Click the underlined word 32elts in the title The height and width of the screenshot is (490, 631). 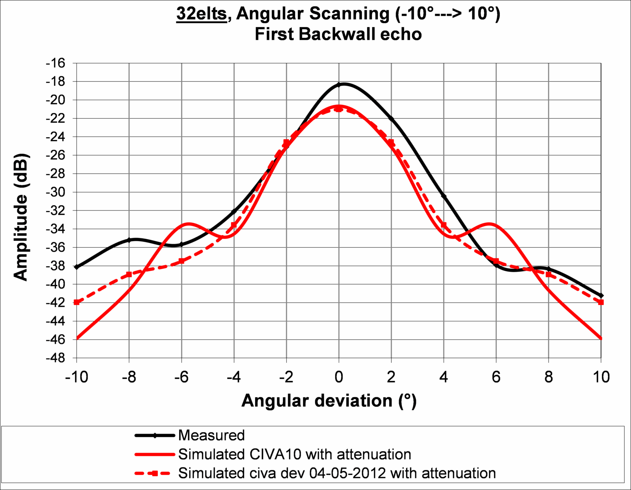point(201,15)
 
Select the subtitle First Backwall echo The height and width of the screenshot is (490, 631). point(338,35)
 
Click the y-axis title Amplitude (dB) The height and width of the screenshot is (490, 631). point(21,217)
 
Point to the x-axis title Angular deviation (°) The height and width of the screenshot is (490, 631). point(329,401)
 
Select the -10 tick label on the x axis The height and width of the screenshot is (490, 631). point(77,377)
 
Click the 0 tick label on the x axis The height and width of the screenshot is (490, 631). point(338,377)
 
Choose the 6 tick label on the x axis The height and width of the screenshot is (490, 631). point(496,377)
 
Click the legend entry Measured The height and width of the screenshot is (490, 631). point(211,436)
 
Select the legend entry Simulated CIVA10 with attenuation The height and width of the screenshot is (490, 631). point(294,455)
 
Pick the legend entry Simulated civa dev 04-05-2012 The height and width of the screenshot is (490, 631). point(337,473)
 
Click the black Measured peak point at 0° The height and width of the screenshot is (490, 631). point(338,85)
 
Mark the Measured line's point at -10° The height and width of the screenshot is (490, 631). point(77,267)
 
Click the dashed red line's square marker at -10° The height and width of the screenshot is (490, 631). point(77,302)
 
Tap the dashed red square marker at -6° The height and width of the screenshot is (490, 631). point(181,261)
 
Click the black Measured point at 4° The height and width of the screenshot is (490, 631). point(444,196)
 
